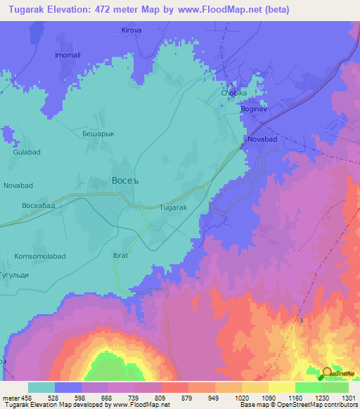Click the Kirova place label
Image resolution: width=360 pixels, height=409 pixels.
(131, 31)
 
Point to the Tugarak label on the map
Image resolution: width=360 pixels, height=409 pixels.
(173, 208)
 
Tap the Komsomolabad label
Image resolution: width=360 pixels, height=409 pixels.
(39, 257)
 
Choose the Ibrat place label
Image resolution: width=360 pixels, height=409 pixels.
(120, 256)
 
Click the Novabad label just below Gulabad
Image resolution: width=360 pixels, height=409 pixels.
(18, 185)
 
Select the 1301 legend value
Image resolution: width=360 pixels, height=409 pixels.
(346, 398)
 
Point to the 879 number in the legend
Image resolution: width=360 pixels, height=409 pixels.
(186, 398)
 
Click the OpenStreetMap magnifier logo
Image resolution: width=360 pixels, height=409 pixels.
(328, 373)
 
